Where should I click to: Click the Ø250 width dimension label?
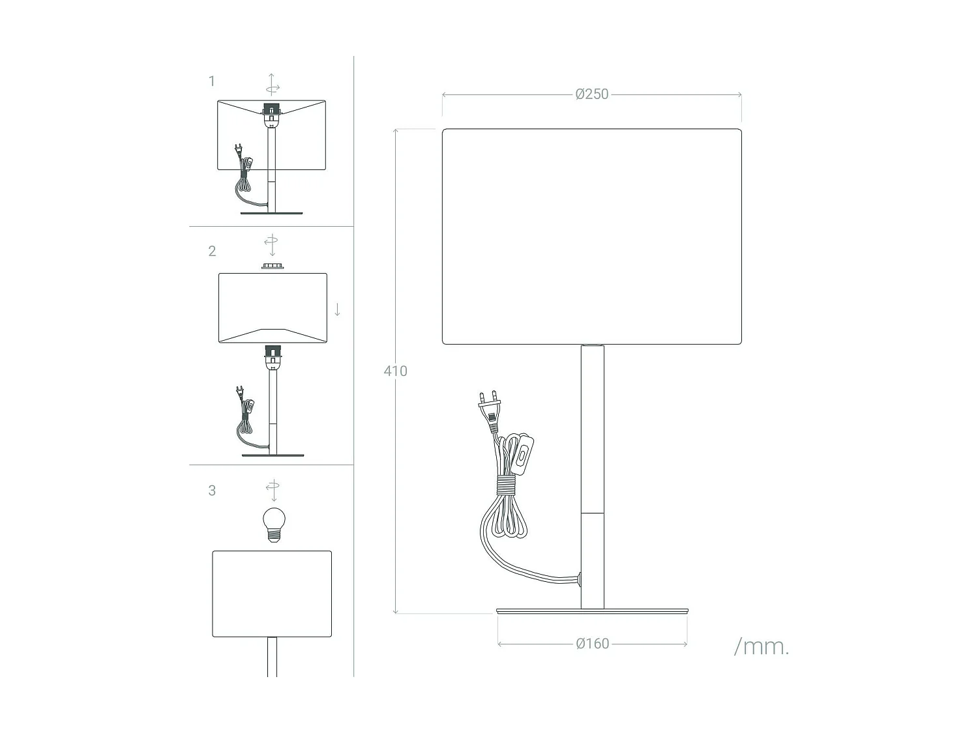click(x=591, y=94)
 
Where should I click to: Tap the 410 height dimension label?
click(x=395, y=371)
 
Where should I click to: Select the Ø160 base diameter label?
click(x=592, y=644)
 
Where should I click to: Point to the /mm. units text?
click(x=761, y=646)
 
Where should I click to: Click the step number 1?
click(x=211, y=81)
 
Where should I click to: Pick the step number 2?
click(x=212, y=252)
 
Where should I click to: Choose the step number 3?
click(x=212, y=491)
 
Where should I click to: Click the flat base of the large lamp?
click(x=592, y=611)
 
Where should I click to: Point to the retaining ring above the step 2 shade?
click(x=273, y=266)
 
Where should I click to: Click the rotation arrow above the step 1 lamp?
click(x=273, y=85)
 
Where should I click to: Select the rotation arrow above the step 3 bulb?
click(x=273, y=489)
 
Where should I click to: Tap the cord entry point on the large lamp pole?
click(x=578, y=577)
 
